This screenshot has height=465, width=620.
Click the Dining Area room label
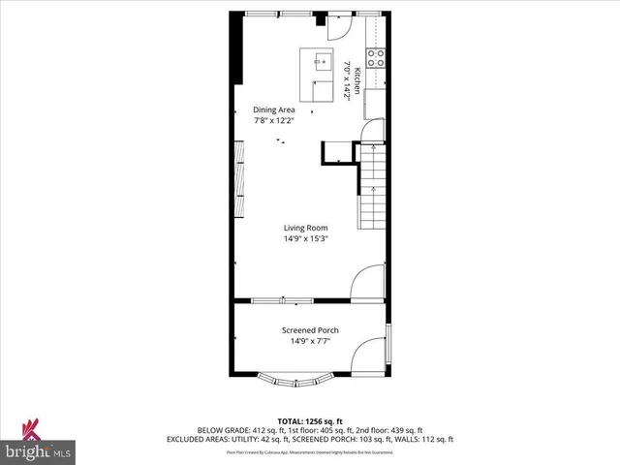click(273, 109)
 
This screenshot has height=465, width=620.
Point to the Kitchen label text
click(356, 80)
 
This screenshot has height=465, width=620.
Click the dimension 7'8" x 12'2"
click(273, 121)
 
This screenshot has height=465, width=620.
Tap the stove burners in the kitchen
click(376, 56)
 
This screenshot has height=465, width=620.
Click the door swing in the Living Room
click(368, 284)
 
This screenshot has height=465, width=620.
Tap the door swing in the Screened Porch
click(368, 357)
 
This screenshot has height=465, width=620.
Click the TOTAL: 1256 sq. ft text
click(312, 421)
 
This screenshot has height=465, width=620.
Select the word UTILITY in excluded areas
click(291, 439)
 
